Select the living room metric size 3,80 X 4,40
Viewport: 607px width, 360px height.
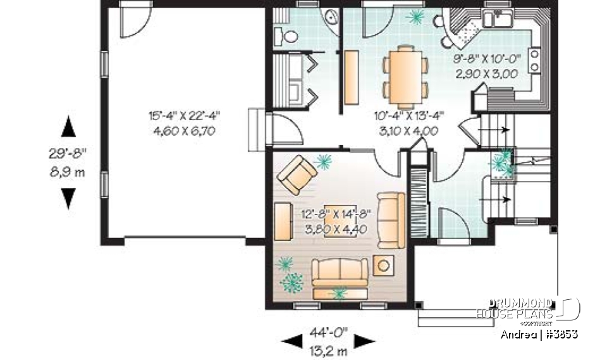(x=331, y=229)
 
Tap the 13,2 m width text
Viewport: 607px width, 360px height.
(x=328, y=350)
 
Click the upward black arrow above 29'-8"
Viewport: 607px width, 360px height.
(x=68, y=128)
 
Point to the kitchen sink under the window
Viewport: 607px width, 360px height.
(x=498, y=19)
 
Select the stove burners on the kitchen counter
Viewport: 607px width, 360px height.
(x=535, y=60)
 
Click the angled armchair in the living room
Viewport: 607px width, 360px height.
(x=298, y=175)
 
